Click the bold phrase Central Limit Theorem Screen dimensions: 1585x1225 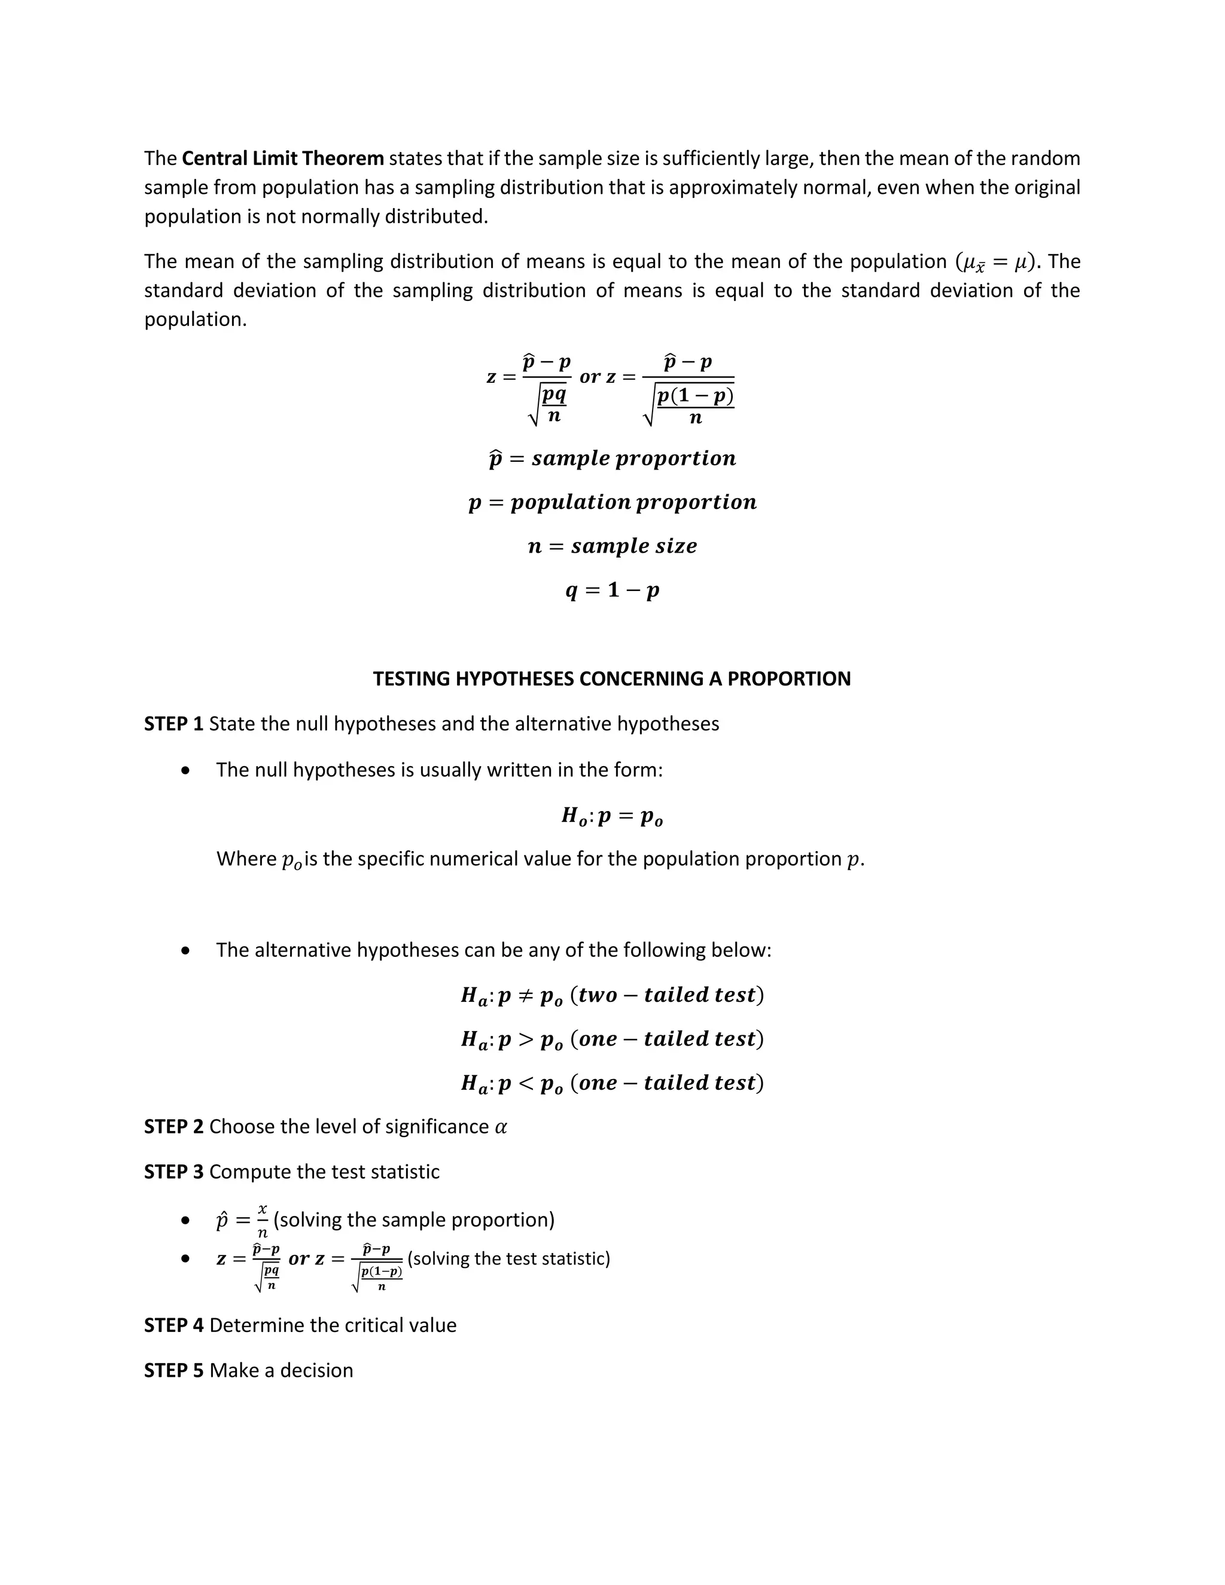pos(282,158)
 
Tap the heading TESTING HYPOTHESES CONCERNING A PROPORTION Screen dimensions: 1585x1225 pos(612,679)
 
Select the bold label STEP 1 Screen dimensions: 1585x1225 pos(173,724)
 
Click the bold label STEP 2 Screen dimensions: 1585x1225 pos(173,1126)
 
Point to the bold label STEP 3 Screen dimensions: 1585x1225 pos(173,1171)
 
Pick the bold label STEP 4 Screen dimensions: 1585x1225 pos(173,1325)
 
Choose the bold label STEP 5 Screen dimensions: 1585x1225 pos(173,1370)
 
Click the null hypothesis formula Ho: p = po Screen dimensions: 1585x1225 pos(612,816)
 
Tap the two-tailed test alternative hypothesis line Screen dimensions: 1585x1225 pos(612,995)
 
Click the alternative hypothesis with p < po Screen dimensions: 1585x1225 pos(612,1083)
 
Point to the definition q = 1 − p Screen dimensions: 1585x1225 pos(612,590)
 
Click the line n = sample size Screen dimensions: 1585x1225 pos(612,545)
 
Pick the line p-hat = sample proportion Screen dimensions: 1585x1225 pos(612,459)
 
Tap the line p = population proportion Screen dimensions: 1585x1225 pos(612,502)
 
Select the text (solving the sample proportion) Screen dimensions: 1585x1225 pos(414,1219)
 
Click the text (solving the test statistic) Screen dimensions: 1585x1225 pos(509,1258)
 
